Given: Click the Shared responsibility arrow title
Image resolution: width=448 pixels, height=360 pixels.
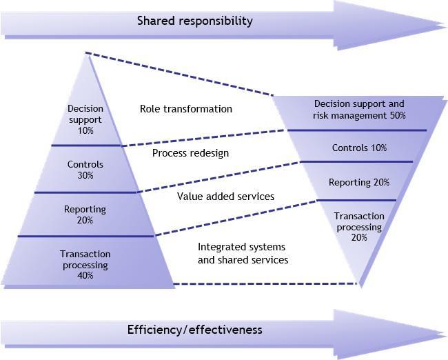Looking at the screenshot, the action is coord(195,21).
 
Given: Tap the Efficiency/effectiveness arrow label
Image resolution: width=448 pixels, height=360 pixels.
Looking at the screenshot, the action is coord(195,329).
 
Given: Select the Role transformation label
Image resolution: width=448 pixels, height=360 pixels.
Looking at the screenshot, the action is coord(186,109).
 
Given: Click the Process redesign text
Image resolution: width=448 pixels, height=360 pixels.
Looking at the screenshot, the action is coord(190,153).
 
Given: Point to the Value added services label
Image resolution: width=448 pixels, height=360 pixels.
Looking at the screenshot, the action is coord(225,197).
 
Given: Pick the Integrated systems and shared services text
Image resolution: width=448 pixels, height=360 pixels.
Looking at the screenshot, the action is coord(243,253).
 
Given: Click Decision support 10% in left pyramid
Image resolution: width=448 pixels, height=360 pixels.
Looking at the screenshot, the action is coord(85,120).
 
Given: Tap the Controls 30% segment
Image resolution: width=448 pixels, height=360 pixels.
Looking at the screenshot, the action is coord(85,170).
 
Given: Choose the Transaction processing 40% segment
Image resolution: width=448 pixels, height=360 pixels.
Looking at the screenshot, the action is coord(85,265).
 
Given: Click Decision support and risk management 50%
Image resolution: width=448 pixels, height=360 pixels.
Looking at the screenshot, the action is coord(359,110).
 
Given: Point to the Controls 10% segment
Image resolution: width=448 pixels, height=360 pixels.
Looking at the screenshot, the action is coord(359,148).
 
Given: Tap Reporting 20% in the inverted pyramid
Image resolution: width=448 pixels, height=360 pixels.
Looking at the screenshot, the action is coord(359,183).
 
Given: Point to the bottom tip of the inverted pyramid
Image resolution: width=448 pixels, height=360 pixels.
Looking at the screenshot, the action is coord(359,284).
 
